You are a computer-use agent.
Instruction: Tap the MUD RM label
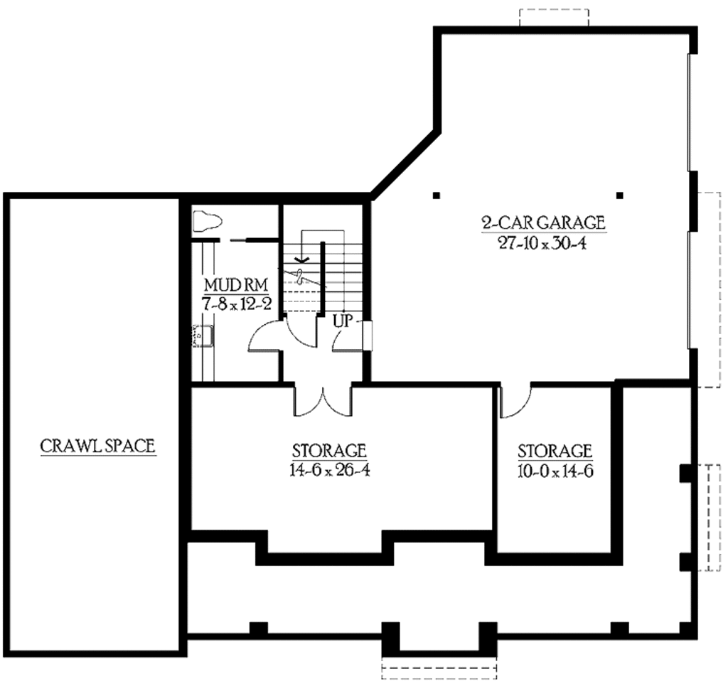coord(235,286)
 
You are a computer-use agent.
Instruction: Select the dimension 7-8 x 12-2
coord(235,304)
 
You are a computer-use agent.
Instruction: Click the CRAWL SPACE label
coord(98,446)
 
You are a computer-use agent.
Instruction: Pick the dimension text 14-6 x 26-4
coord(329,470)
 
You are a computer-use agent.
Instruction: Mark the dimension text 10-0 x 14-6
coord(555,470)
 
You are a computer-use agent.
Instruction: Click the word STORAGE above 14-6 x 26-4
coord(329,451)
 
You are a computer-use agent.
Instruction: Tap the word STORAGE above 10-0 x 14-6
coord(555,451)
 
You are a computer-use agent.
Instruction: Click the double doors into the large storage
coord(323,402)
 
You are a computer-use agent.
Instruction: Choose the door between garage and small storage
coord(513,402)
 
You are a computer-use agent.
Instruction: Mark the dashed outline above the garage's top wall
coord(555,18)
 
